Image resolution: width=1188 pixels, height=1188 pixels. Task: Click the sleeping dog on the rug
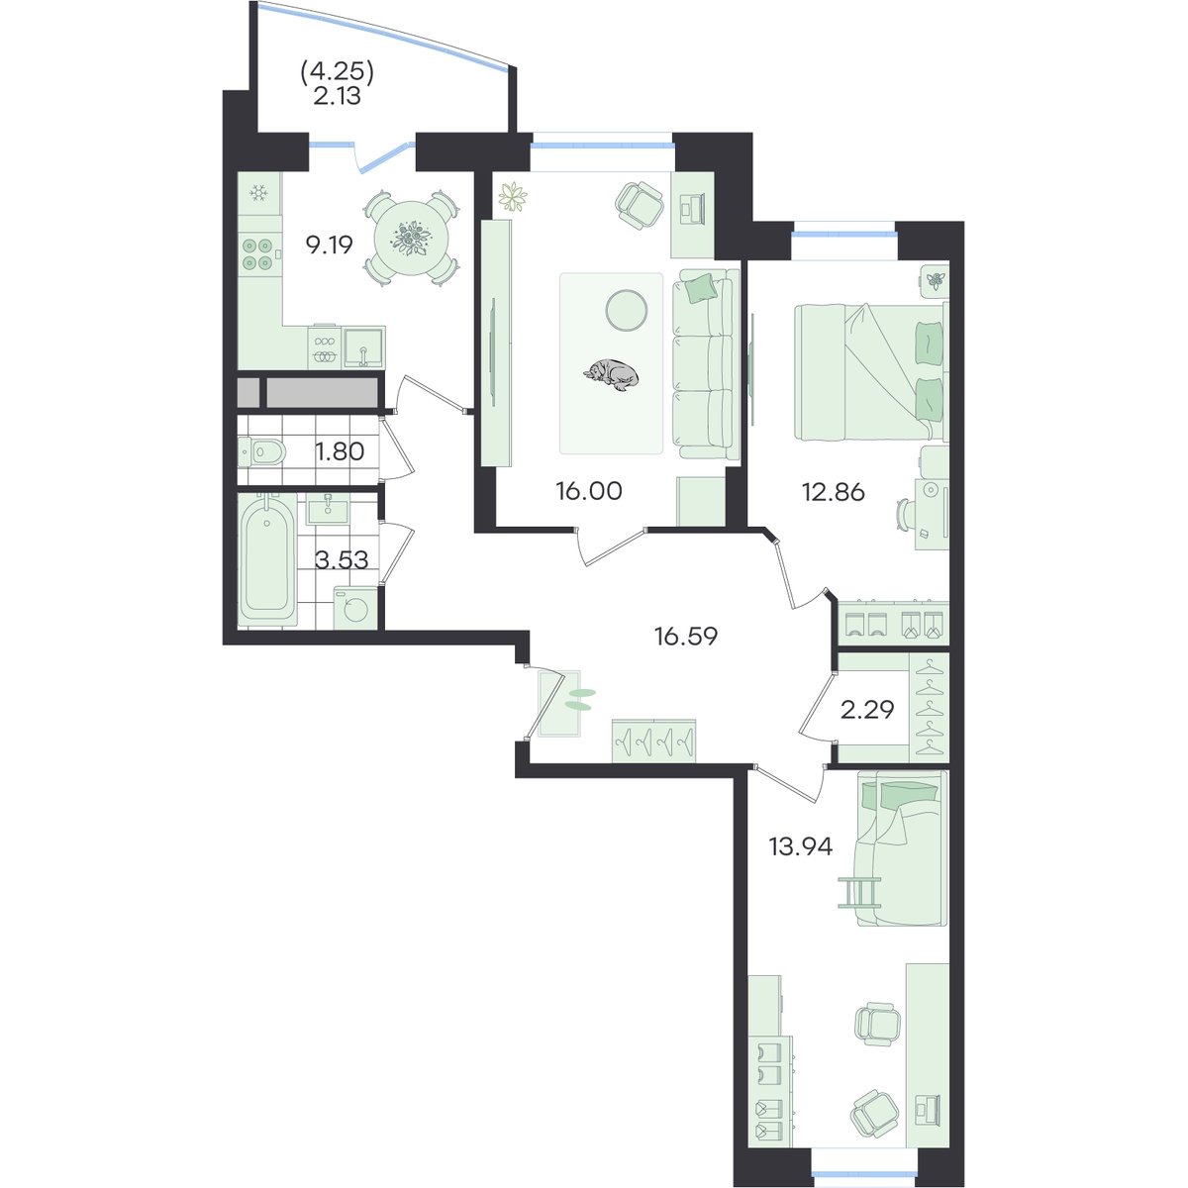click(x=611, y=374)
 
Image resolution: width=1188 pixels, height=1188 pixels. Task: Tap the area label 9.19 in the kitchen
click(x=330, y=246)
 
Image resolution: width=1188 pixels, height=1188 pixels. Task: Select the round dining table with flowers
click(x=412, y=239)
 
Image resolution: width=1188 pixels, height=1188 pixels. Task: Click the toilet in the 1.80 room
click(x=262, y=451)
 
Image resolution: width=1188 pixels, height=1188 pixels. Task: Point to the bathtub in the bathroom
click(x=267, y=558)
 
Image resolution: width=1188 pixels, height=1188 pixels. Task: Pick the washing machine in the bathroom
click(x=355, y=608)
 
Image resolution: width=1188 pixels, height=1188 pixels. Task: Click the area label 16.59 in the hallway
click(x=686, y=636)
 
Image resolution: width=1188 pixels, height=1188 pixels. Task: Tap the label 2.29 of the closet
click(x=867, y=710)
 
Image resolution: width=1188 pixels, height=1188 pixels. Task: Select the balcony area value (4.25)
click(x=338, y=73)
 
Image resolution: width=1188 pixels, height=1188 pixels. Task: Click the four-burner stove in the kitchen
click(x=257, y=254)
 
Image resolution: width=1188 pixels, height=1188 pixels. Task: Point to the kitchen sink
click(x=363, y=347)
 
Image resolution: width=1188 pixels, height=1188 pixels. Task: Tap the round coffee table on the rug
click(x=627, y=310)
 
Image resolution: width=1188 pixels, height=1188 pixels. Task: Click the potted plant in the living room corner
click(x=513, y=197)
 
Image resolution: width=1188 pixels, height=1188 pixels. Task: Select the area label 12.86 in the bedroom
click(x=833, y=493)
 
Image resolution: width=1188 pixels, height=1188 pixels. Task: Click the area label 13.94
click(x=801, y=847)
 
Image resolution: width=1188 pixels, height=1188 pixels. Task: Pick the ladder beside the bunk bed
click(x=858, y=891)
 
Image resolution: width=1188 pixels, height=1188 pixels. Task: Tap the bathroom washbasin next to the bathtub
click(x=328, y=508)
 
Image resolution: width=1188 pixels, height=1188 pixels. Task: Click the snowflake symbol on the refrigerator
click(x=258, y=194)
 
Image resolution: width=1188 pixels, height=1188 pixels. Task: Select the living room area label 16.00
click(x=589, y=491)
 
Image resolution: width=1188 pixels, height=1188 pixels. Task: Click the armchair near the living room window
click(x=641, y=205)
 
